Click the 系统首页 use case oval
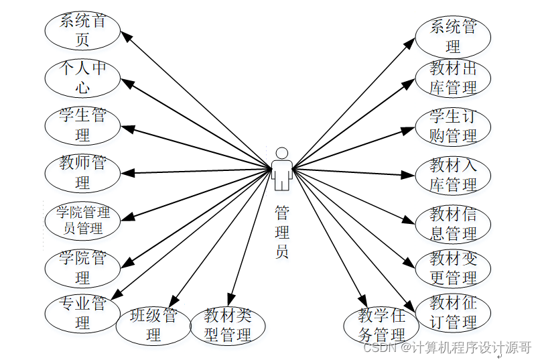[x=82, y=30]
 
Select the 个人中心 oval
[x=82, y=78]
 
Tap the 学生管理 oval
[x=82, y=125]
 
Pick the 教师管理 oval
[x=82, y=172]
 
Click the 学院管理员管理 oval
[x=82, y=221]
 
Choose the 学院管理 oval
[x=82, y=267]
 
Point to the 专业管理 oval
[x=82, y=313]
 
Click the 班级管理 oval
[x=153, y=325]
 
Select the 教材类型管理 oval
[x=228, y=325]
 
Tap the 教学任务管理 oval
[x=381, y=325]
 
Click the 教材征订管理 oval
[x=453, y=312]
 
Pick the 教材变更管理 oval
[x=453, y=267]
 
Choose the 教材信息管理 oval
[x=453, y=224]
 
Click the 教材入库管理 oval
[x=453, y=174]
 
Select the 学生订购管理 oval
[x=453, y=126]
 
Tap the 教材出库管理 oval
[x=453, y=78]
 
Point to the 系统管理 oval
[x=453, y=36]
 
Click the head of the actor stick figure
[x=282, y=153]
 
